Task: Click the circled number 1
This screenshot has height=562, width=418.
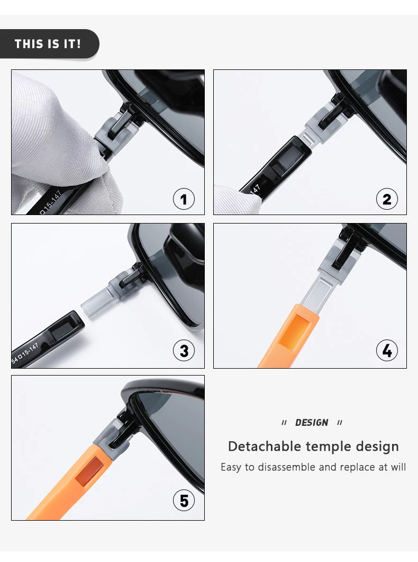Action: point(184,199)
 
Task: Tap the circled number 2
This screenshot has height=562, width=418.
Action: point(387,199)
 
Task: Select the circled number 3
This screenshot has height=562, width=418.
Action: point(184,351)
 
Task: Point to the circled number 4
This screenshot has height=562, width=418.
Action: point(387,351)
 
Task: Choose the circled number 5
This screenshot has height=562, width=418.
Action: point(184,501)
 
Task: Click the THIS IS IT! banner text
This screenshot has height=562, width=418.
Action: point(48,44)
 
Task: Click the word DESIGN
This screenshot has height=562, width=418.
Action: point(312,423)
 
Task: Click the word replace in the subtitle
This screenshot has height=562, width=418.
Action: point(358,468)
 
